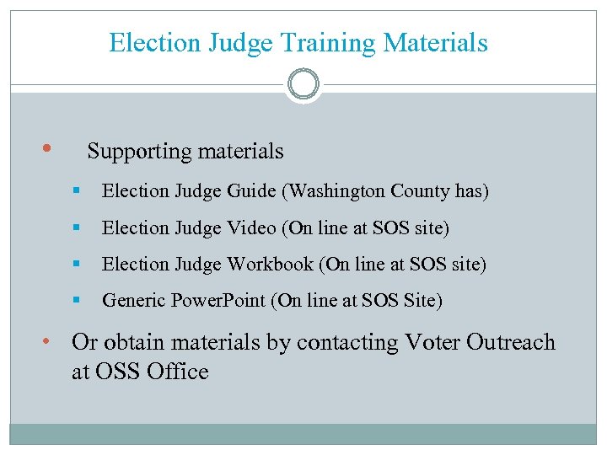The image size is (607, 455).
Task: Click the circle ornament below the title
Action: click(303, 84)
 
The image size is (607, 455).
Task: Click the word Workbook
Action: click(270, 265)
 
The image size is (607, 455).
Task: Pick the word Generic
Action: click(134, 301)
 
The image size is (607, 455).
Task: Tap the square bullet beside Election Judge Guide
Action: click(76, 191)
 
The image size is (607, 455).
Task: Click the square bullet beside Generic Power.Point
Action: click(76, 301)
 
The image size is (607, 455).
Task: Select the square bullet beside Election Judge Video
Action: click(76, 228)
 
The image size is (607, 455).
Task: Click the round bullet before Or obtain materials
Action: click(48, 340)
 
